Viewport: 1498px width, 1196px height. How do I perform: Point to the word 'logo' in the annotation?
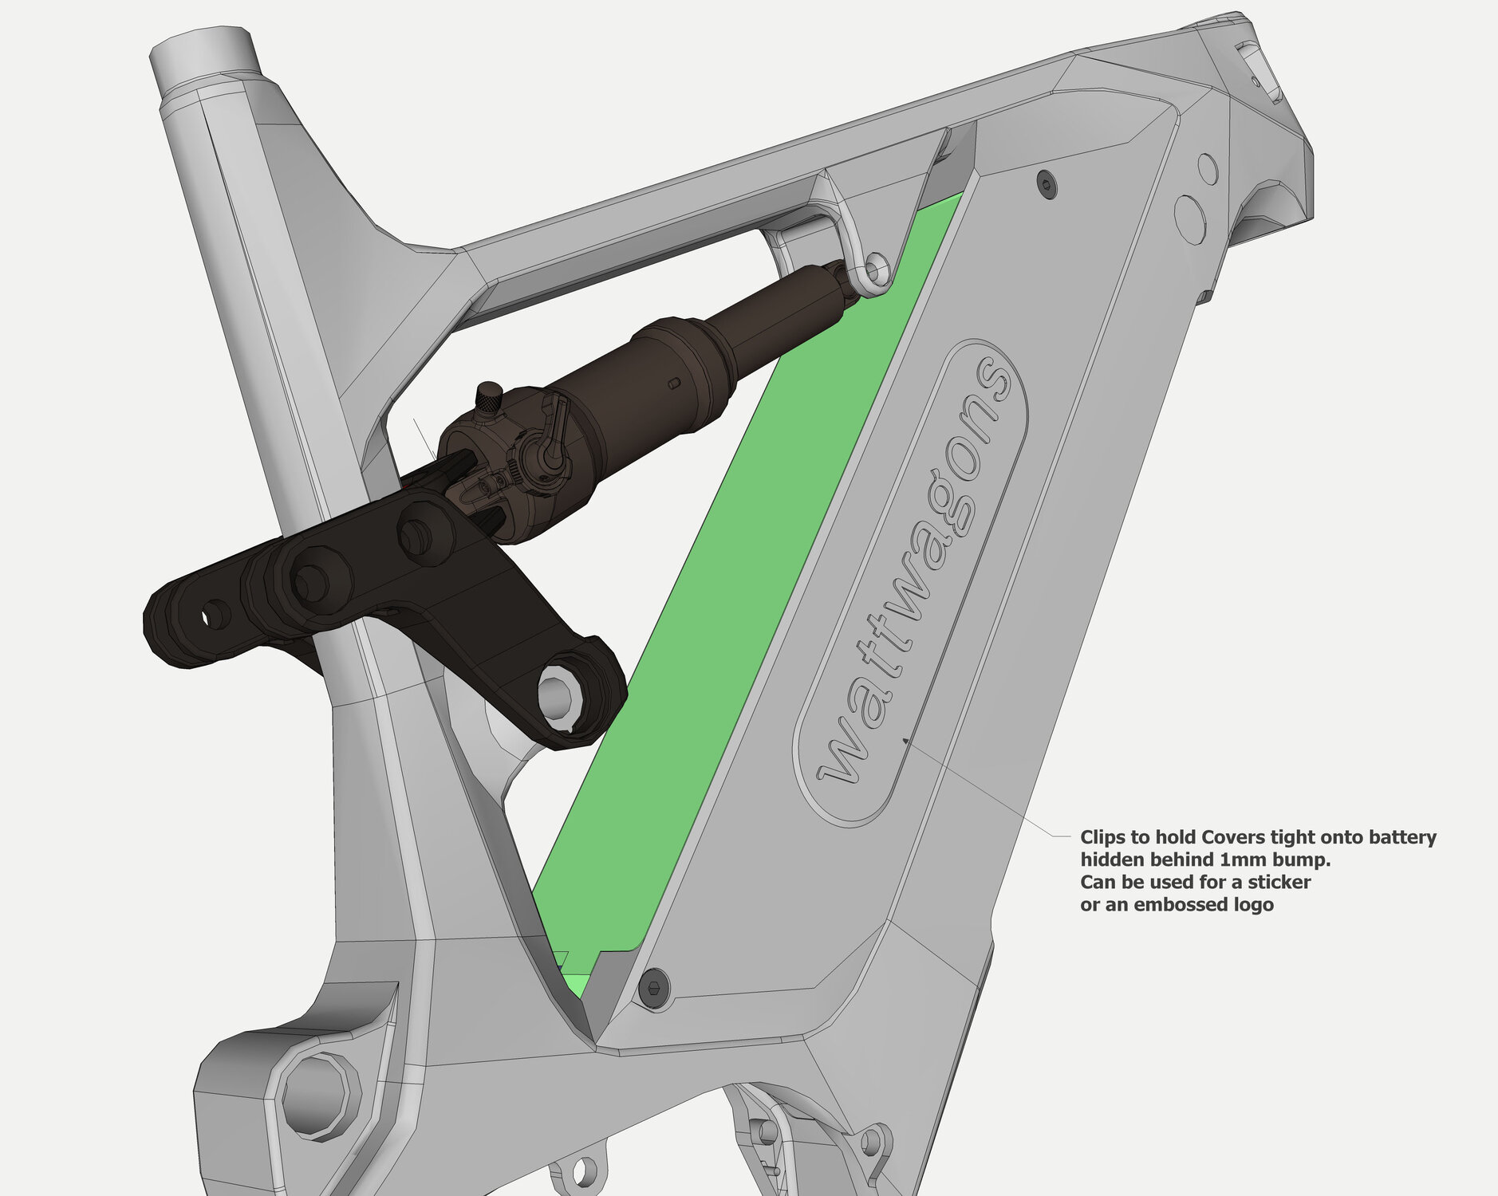1250,905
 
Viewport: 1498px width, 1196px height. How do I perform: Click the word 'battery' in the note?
1402,838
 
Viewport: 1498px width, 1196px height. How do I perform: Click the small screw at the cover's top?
1047,184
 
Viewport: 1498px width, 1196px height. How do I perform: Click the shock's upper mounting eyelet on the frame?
877,269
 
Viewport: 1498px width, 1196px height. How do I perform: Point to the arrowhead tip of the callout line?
905,740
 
